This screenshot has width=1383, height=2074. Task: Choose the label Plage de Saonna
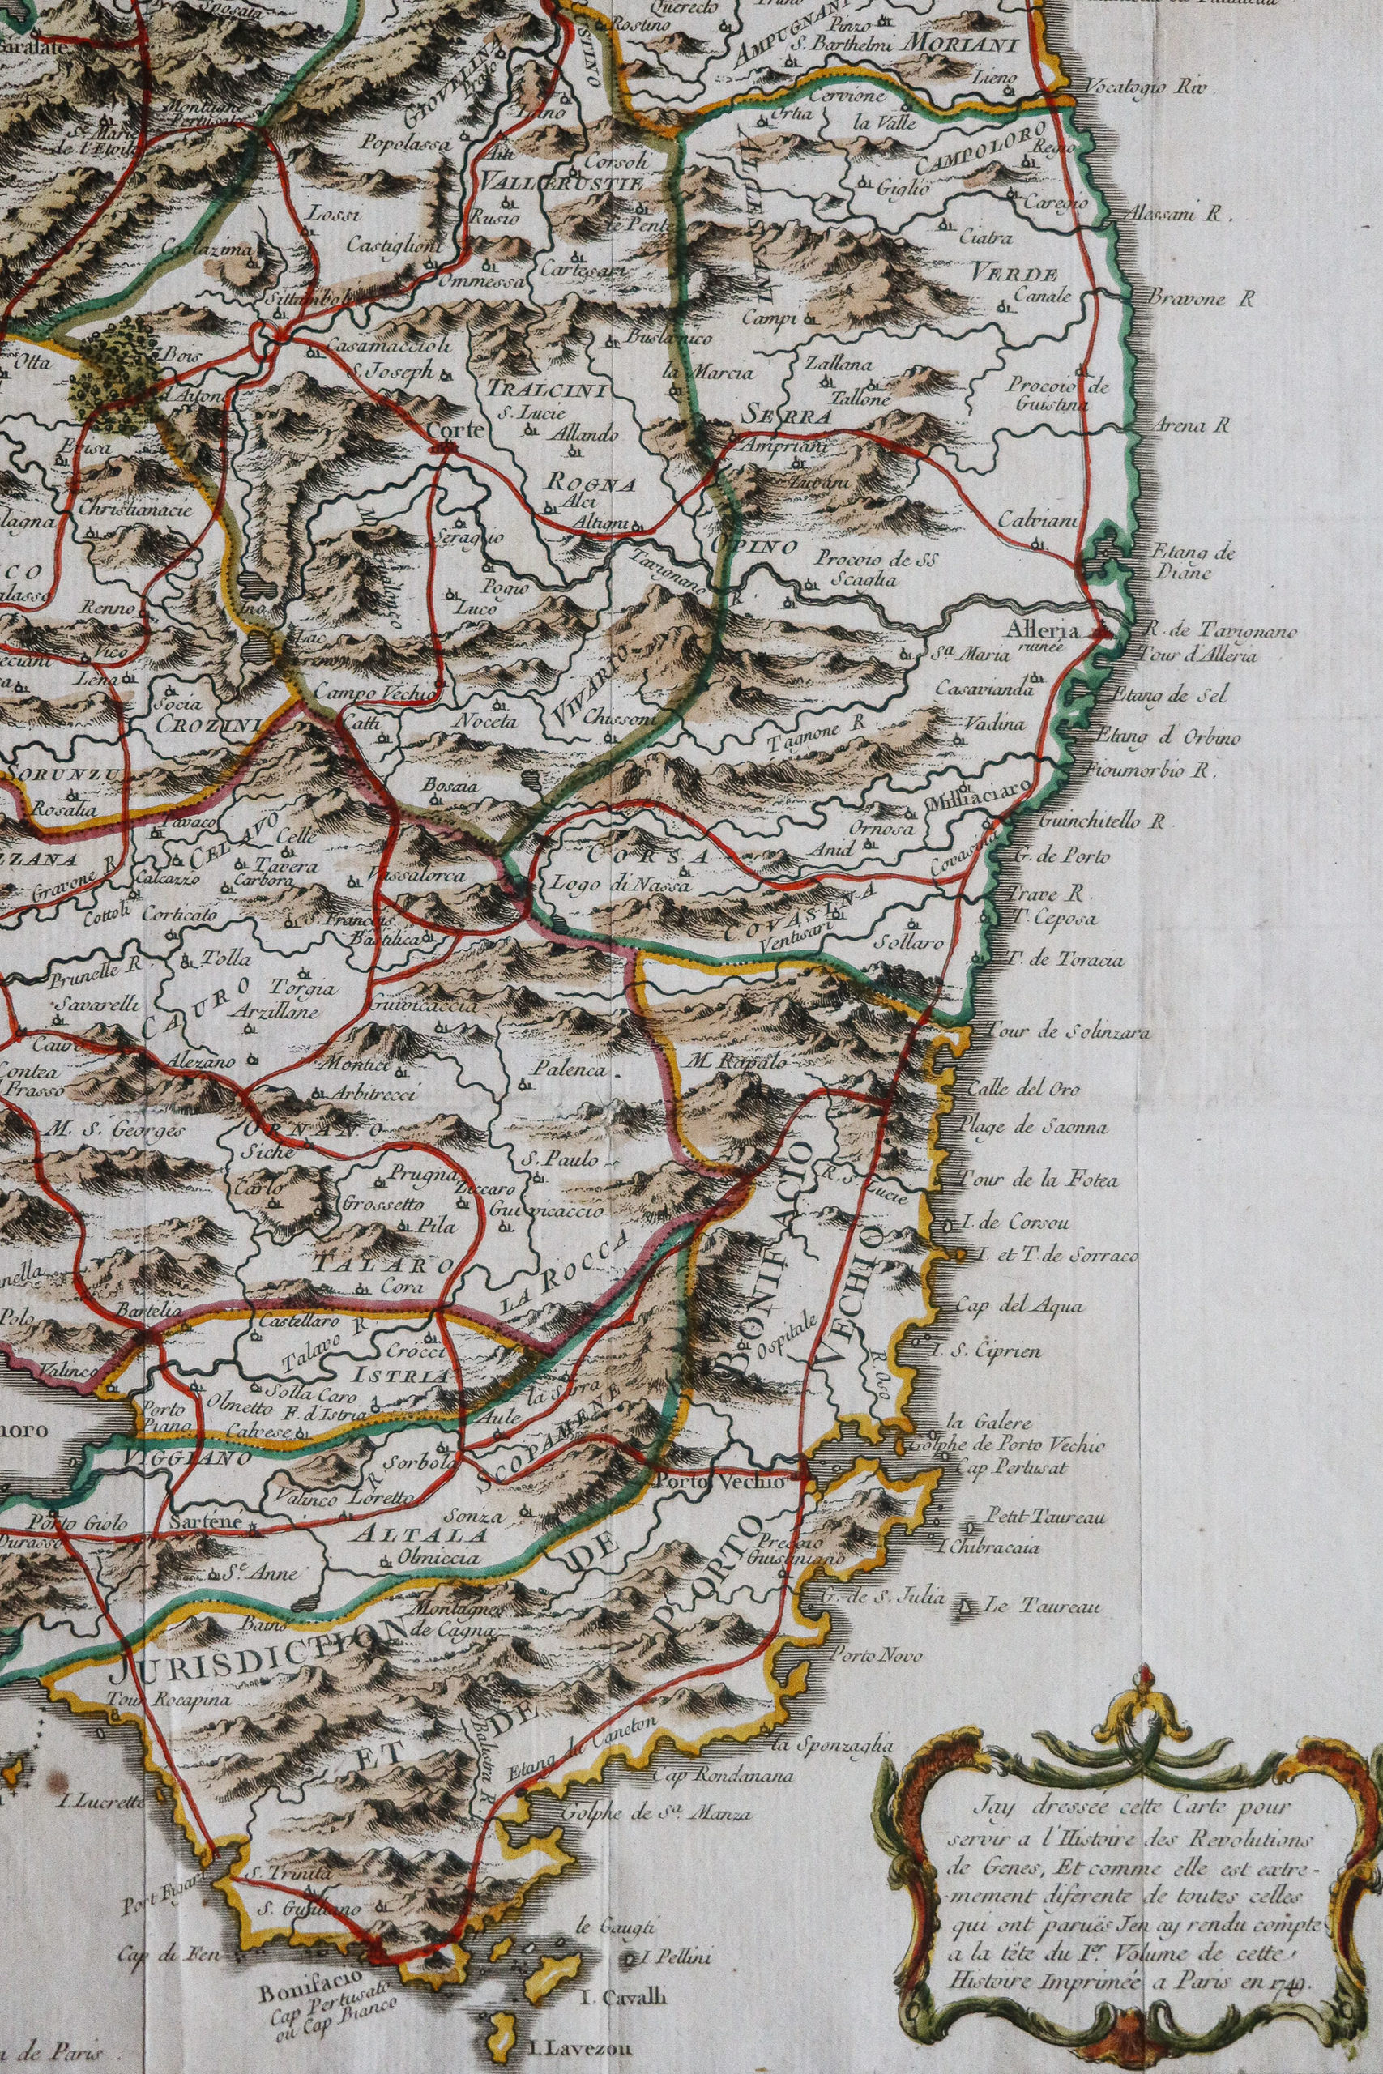(x=1038, y=1126)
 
